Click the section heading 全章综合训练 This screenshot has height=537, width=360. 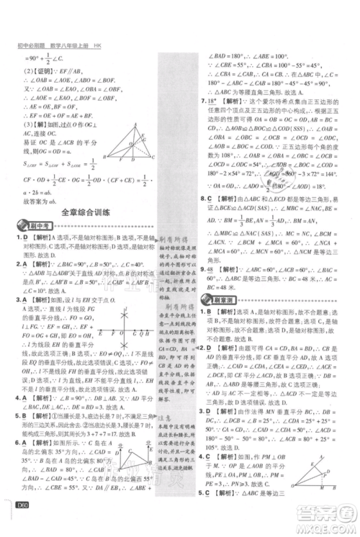[90, 212]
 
